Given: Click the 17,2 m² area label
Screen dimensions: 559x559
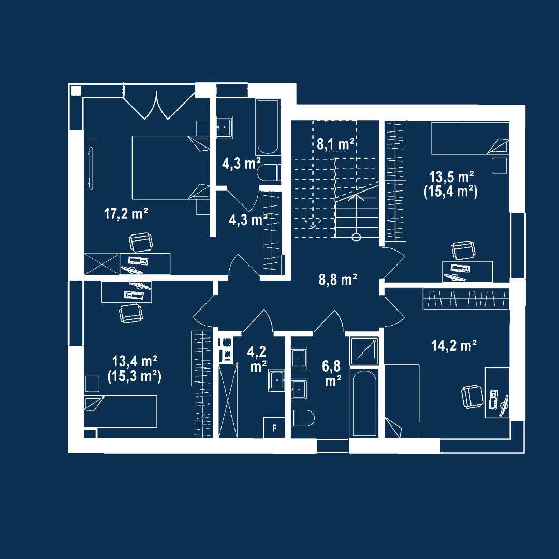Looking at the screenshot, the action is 126,214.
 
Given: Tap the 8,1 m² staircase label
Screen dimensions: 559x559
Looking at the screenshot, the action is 335,144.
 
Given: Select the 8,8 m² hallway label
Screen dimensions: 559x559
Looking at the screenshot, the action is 337,280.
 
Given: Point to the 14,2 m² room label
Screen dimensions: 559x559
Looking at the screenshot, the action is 454,345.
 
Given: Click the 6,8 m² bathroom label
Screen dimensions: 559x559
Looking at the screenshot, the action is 332,373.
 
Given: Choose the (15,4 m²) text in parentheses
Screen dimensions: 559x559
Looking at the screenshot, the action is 451,192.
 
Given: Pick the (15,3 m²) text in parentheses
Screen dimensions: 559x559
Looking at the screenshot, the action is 135,376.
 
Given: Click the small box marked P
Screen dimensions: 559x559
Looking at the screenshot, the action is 274,428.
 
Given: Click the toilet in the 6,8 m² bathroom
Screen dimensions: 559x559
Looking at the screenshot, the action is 303,418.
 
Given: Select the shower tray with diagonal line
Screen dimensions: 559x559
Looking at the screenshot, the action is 364,351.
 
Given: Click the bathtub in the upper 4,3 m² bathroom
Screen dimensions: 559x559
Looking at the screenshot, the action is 267,127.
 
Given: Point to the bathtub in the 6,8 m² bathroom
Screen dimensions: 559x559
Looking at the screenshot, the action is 364,404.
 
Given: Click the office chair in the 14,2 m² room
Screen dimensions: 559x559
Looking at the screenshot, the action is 472,398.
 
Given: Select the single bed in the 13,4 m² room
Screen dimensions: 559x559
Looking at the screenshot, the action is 121,411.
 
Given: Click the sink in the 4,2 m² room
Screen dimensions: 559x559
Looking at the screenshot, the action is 276,381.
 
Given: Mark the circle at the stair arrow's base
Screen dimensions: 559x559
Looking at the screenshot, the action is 356,237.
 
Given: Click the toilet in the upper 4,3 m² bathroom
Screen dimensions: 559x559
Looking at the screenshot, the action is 269,173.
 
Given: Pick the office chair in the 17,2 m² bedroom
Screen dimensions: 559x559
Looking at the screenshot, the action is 141,242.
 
